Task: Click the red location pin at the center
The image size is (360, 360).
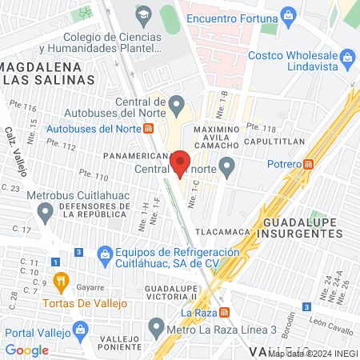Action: pyautogui.click(x=180, y=162)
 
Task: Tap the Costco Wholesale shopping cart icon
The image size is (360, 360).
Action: pyautogui.click(x=347, y=58)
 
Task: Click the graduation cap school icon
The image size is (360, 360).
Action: pyautogui.click(x=142, y=14)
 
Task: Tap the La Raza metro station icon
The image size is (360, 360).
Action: pyautogui.click(x=225, y=312)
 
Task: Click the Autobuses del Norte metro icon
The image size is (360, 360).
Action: pyautogui.click(x=149, y=127)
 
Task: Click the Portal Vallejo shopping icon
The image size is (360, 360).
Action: pyautogui.click(x=80, y=329)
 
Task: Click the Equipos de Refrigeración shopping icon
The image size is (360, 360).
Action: pyautogui.click(x=103, y=254)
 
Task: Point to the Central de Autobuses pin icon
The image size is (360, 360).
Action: pyautogui.click(x=178, y=102)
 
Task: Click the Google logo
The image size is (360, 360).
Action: pyautogui.click(x=27, y=350)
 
